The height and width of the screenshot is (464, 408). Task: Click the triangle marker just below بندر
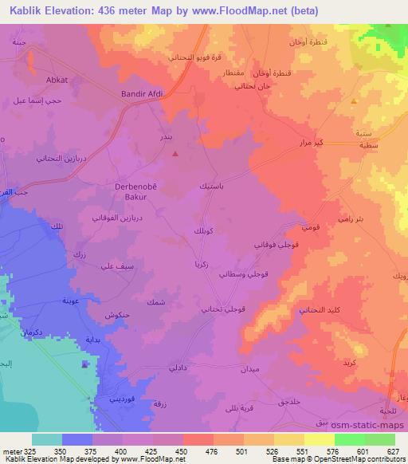click(175, 153)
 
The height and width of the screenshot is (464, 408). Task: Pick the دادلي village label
click(179, 368)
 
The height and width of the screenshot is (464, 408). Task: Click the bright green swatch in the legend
click(348, 439)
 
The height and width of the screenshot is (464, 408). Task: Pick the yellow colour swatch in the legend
click(318, 439)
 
